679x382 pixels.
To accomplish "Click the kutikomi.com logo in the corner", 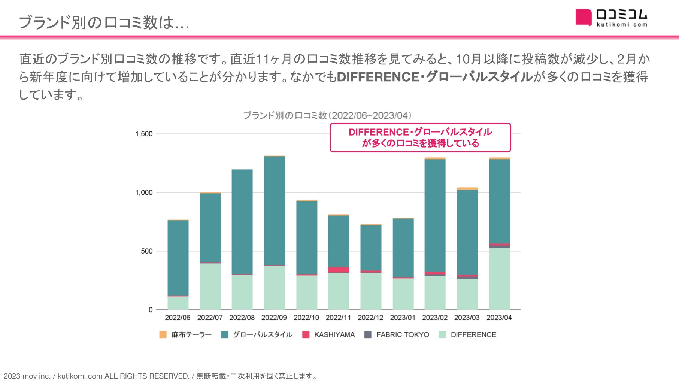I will point(611,18).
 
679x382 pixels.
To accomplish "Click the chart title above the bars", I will point(327,115).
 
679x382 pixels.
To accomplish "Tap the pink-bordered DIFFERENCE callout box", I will point(420,137).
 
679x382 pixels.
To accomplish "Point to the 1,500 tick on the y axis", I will point(144,134).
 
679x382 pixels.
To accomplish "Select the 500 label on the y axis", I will point(147,251).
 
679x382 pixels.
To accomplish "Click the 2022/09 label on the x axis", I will point(274,318).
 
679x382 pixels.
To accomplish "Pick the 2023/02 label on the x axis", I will point(434,318).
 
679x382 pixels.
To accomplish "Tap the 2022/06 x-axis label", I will point(178,318).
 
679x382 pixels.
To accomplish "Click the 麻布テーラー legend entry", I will point(185,334).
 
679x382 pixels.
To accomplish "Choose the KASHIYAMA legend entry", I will point(328,334).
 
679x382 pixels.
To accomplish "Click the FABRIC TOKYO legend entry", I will point(397,334).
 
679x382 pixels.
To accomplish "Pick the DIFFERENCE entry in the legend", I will point(467,334).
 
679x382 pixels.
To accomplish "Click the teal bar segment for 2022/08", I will point(242,222).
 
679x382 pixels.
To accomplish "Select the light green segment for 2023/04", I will point(499,279).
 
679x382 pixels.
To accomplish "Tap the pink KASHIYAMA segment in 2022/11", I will point(339,270).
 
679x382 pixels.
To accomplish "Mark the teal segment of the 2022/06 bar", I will point(178,258).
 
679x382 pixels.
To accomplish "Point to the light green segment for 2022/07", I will point(210,286).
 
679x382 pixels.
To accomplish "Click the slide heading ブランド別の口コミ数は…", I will point(104,22).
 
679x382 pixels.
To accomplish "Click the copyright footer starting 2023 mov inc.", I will point(160,376).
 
